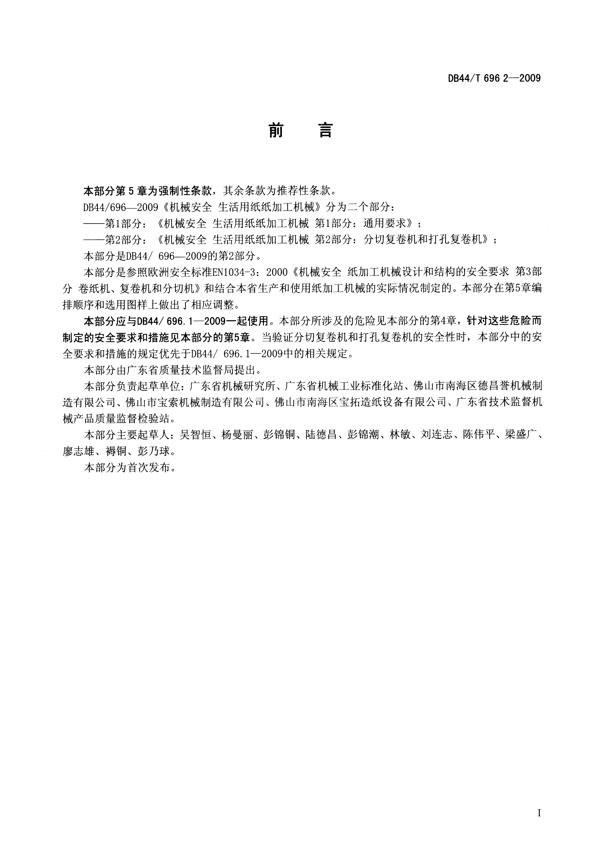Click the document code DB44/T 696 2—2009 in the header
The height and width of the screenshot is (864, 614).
click(494, 78)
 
